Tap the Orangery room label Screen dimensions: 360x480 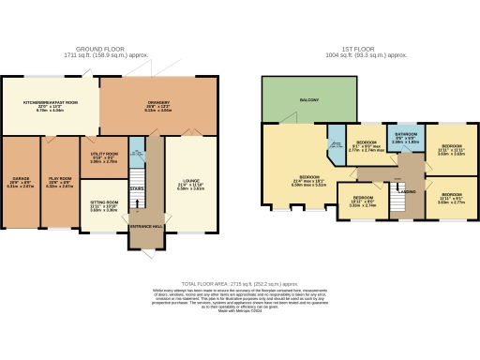tap(157, 104)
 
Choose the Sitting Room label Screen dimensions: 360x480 tap(104, 203)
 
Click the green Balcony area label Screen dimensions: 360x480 tap(309, 99)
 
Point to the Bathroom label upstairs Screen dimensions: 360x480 tap(405, 137)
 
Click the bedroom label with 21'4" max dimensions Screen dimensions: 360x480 tap(309, 179)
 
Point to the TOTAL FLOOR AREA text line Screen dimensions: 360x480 tap(240, 281)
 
